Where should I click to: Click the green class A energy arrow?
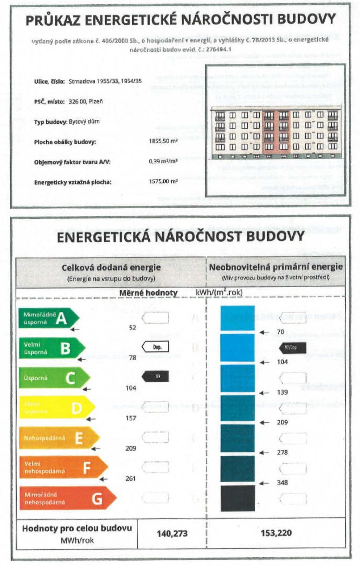[49, 318]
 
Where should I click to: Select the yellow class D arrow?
[57, 408]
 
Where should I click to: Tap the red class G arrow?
[67, 498]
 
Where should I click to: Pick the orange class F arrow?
[63, 468]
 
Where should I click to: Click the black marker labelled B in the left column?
[155, 376]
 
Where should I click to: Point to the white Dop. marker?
[155, 347]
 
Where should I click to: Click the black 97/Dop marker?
[293, 348]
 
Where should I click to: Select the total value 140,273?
[172, 533]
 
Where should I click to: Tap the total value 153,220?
[276, 533]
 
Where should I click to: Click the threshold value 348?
[282, 482]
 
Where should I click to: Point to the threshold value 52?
[133, 328]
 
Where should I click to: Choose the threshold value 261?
[131, 478]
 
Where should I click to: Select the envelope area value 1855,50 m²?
[163, 141]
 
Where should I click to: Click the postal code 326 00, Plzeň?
[85, 102]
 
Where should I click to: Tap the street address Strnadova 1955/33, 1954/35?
[105, 81]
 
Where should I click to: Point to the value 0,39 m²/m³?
[163, 161]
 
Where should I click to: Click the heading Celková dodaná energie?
[111, 268]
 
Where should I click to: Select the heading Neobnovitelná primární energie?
[276, 267]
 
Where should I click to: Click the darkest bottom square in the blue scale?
[238, 498]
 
